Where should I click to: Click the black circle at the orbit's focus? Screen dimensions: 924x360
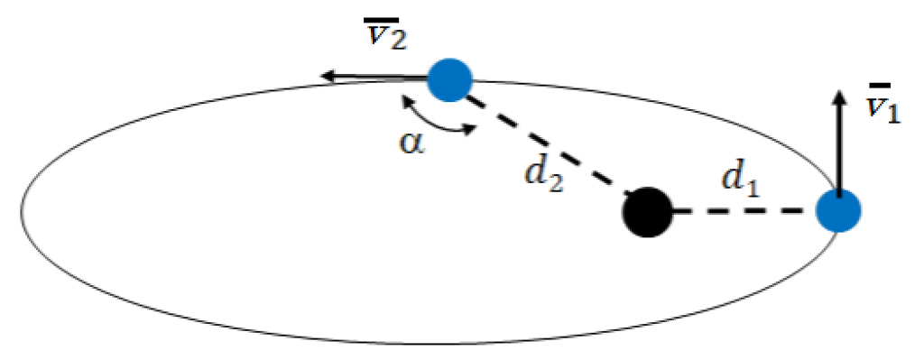click(648, 213)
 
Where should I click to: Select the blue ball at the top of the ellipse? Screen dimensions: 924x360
click(449, 79)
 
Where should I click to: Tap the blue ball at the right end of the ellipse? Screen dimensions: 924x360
click(838, 212)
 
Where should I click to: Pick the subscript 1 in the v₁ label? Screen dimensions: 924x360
click(892, 115)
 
